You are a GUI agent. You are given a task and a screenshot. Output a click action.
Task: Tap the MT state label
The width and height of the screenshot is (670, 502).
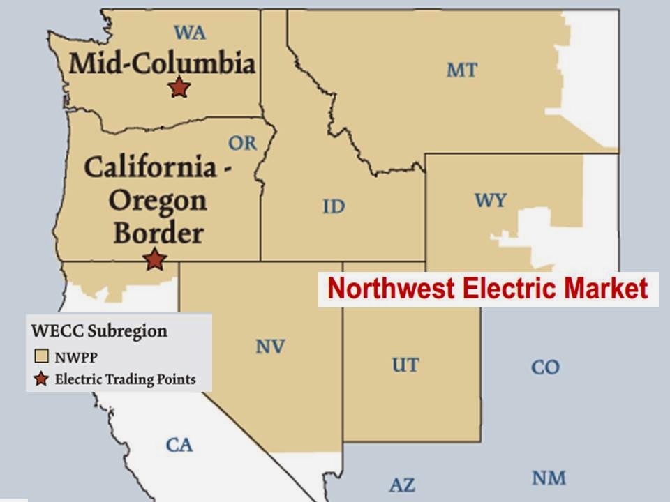point(462,70)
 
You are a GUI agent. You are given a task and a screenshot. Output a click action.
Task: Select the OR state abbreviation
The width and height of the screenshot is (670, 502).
point(242,144)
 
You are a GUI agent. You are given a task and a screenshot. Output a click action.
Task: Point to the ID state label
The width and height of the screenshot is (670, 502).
point(334,206)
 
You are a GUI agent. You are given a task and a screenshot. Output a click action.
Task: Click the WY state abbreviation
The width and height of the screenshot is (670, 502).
point(491,201)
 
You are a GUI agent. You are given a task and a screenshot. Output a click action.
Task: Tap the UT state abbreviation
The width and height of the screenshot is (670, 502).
point(405,365)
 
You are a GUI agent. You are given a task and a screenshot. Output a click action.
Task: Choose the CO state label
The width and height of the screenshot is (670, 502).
point(545,367)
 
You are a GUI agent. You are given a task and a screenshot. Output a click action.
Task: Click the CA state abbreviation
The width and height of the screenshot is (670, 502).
point(179,445)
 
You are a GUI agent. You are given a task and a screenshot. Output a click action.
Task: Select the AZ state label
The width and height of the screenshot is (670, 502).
point(401,485)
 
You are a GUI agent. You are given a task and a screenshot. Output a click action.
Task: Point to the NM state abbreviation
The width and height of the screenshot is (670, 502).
point(549,478)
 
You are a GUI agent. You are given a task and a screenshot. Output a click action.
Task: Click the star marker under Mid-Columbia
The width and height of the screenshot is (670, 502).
point(179,88)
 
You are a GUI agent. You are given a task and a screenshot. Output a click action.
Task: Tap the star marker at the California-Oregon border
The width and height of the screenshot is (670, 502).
point(155,259)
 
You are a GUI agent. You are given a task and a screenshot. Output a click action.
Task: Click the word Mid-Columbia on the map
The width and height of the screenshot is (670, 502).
point(162,64)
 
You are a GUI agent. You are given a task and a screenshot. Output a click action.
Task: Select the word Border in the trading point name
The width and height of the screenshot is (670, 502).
point(158,233)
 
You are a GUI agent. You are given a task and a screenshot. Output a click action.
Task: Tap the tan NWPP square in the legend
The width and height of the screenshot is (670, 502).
point(41,358)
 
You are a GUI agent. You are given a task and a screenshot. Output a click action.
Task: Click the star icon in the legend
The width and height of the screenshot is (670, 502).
point(41,379)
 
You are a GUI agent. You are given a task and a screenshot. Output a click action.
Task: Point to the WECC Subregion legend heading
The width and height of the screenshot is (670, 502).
point(98,330)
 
